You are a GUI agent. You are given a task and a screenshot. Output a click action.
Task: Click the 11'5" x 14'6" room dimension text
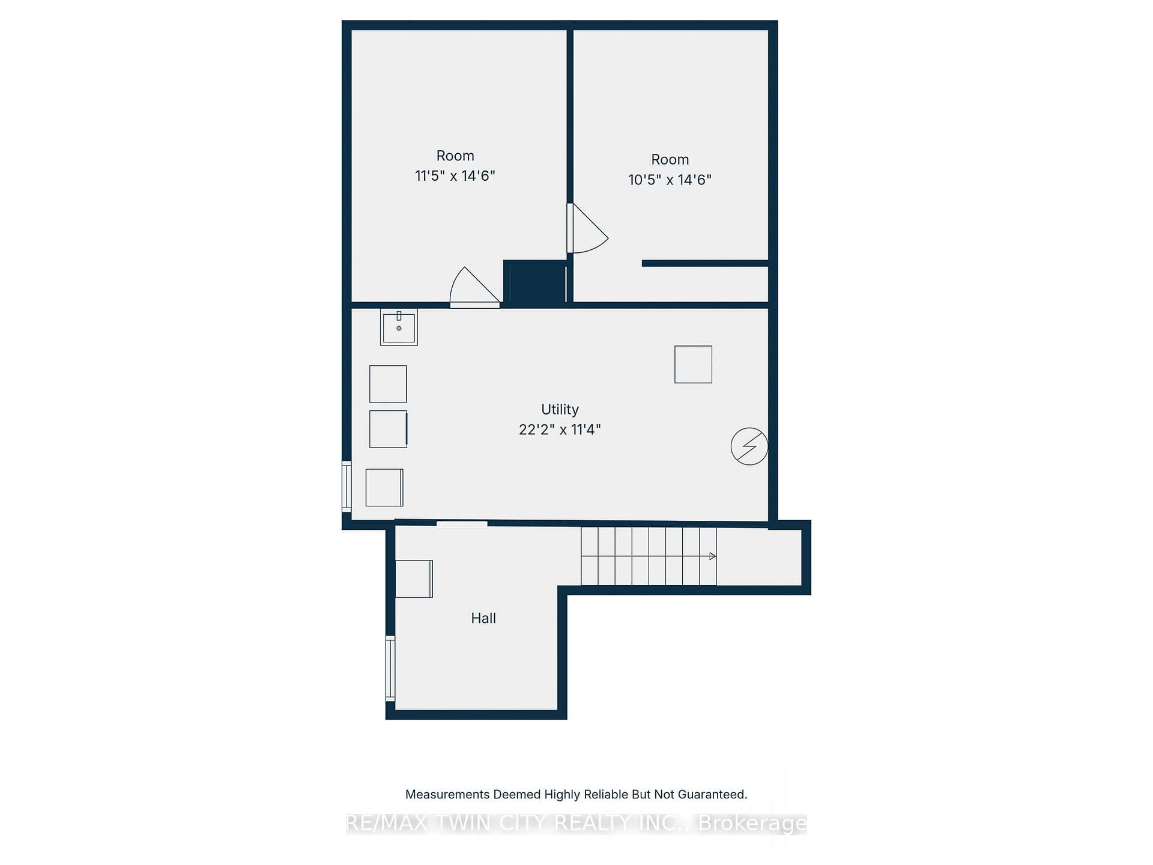(455, 176)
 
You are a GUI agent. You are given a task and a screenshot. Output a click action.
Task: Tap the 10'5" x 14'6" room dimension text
(670, 180)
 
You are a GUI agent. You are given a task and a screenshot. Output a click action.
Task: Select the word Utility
(560, 410)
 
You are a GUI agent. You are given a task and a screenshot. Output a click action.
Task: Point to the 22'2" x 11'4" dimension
(560, 429)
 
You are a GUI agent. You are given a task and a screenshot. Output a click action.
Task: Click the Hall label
(483, 618)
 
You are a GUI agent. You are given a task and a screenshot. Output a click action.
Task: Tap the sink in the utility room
(399, 327)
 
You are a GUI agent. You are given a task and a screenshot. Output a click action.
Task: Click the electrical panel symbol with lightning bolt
(749, 446)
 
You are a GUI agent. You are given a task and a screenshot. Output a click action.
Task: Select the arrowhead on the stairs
(713, 556)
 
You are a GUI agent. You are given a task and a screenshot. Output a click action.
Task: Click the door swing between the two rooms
(589, 228)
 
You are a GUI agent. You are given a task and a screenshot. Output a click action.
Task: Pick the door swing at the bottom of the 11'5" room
(474, 287)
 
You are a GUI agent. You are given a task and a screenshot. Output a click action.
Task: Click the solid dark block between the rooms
(534, 282)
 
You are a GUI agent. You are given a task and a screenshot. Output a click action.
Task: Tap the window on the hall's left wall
(390, 668)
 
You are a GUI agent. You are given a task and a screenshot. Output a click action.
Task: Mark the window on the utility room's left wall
(347, 487)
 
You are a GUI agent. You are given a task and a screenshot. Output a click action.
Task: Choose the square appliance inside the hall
(414, 578)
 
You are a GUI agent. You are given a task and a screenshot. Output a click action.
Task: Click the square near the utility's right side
(693, 364)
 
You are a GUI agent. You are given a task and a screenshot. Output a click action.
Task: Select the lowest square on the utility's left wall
(384, 487)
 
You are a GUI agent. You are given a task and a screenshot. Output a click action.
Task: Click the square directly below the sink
(388, 384)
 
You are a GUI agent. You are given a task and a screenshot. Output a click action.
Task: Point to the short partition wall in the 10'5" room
(705, 263)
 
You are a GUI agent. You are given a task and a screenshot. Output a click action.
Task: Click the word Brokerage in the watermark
(752, 823)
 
